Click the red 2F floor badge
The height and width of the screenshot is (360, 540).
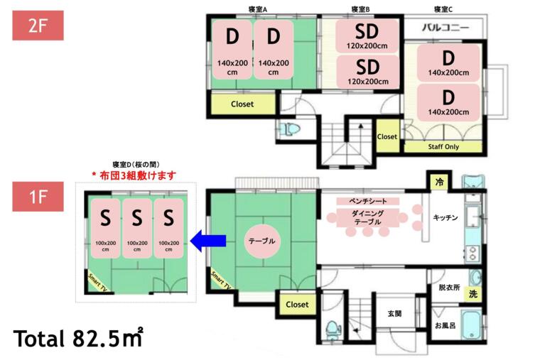38,26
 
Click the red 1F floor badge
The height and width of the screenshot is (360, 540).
38,196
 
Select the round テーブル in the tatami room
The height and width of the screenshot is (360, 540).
262,241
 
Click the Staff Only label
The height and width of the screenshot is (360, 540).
443,147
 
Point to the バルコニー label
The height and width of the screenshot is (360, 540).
445,28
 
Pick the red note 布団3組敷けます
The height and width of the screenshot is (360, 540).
134,174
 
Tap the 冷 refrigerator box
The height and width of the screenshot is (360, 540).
439,182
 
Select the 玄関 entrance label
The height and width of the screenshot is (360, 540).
395,312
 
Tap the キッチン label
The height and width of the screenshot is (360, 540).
445,217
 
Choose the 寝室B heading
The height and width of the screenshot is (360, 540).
360,9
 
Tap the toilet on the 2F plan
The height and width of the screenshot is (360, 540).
290,130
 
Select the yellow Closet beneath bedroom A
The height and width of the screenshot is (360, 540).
242,104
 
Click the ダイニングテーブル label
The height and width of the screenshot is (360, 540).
369,218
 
